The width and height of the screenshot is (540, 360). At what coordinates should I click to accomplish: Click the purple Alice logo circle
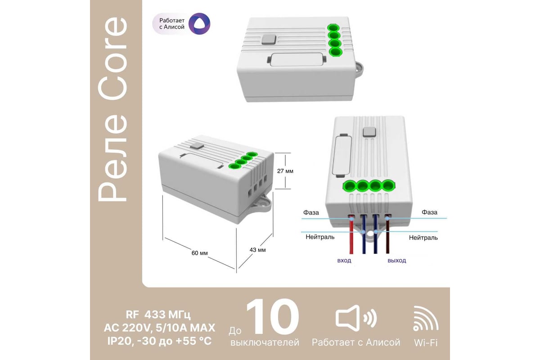[x=199, y=24]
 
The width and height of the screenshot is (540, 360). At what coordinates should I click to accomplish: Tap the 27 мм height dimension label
[x=285, y=171]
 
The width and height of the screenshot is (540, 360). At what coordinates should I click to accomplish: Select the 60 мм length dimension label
[x=200, y=253]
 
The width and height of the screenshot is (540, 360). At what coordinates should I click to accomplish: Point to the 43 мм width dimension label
[x=258, y=250]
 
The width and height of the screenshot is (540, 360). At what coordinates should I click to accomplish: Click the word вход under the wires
[x=344, y=261]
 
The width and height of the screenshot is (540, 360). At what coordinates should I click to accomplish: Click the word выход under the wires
[x=397, y=261]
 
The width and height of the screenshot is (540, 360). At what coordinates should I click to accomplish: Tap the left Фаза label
[x=311, y=212]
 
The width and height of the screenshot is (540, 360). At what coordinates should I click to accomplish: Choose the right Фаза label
[x=430, y=212]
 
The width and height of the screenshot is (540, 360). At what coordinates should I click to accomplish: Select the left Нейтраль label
[x=320, y=237]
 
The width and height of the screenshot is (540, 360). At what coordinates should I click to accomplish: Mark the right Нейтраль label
[x=423, y=238]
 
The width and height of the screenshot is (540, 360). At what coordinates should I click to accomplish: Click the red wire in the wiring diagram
[x=351, y=234]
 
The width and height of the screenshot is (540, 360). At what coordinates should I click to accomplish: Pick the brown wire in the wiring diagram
[x=387, y=234]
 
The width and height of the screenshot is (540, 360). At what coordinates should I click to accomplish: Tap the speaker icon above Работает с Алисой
[x=356, y=318]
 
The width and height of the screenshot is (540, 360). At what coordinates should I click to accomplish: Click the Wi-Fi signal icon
[x=426, y=318]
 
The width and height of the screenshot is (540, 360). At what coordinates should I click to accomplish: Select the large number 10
[x=272, y=316]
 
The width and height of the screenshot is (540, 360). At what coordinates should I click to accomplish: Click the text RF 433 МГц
[x=158, y=315]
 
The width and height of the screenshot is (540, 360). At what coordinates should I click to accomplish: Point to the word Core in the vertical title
[x=112, y=59]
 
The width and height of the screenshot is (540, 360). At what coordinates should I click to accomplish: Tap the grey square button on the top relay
[x=269, y=40]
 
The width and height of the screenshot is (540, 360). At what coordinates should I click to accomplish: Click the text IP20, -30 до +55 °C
[x=160, y=341]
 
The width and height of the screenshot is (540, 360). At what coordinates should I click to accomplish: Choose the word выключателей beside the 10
[x=265, y=342]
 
